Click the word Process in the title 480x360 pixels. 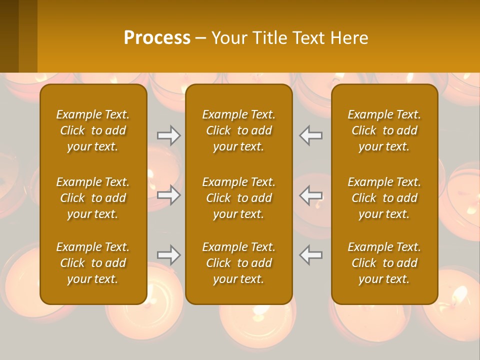coord(157,38)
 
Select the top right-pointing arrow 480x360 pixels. coord(169,135)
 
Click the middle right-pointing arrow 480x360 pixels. coord(169,195)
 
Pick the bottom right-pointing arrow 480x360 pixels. coord(169,255)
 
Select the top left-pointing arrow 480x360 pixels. coord(311,135)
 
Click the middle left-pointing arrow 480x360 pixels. coord(311,195)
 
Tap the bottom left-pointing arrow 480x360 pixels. coord(311,255)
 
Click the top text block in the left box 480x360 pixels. coord(93,130)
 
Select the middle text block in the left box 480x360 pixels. coord(93,198)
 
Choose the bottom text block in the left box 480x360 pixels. coord(93,263)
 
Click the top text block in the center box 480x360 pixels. coord(238,130)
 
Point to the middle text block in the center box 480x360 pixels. coord(238,198)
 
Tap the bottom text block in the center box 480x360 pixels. coord(238,263)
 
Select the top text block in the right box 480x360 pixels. coord(384,130)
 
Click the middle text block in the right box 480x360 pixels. coord(384,198)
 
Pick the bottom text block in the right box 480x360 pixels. coord(384,263)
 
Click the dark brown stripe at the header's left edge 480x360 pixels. coord(9,36)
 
